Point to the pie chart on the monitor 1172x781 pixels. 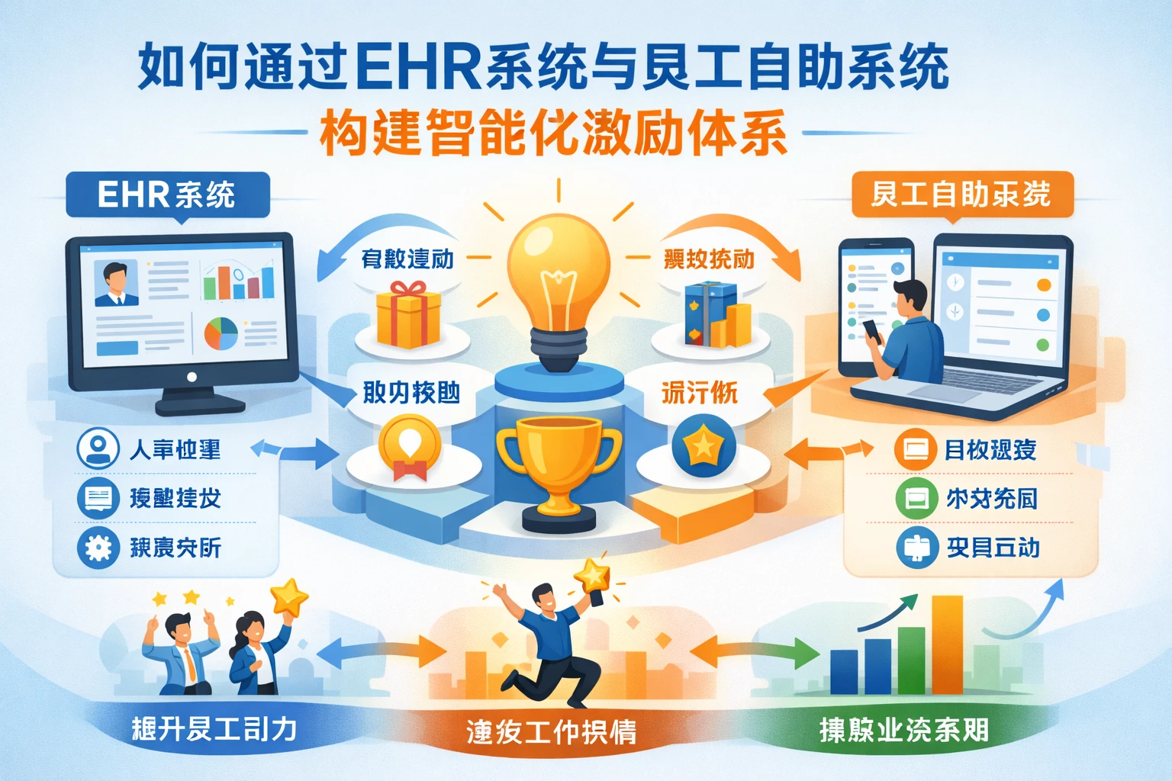click(221, 334)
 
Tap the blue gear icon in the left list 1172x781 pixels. click(98, 548)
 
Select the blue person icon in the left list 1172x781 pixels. click(98, 448)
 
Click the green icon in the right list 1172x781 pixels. click(916, 499)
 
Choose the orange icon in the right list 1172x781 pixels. click(915, 449)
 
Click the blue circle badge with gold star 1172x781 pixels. click(704, 446)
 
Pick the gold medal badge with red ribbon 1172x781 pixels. click(410, 447)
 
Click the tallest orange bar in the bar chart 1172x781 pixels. click(947, 644)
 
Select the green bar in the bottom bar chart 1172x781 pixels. click(911, 660)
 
